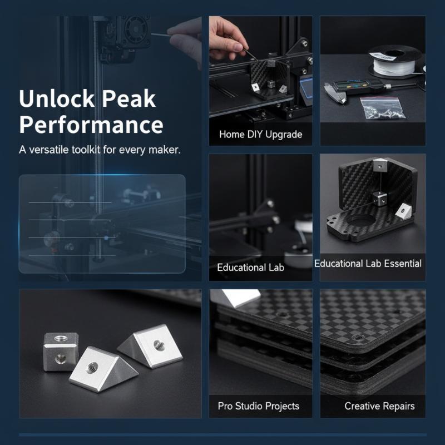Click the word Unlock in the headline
click(57, 98)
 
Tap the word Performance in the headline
click(91, 125)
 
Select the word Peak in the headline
click(128, 98)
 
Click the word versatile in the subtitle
click(49, 150)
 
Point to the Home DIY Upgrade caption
click(260, 134)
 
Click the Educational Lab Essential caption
click(368, 263)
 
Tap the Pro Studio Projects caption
click(259, 406)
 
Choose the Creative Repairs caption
click(379, 406)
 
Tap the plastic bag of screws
click(382, 107)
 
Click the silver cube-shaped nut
click(61, 352)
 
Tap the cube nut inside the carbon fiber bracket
click(379, 197)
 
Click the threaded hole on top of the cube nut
click(61, 339)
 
